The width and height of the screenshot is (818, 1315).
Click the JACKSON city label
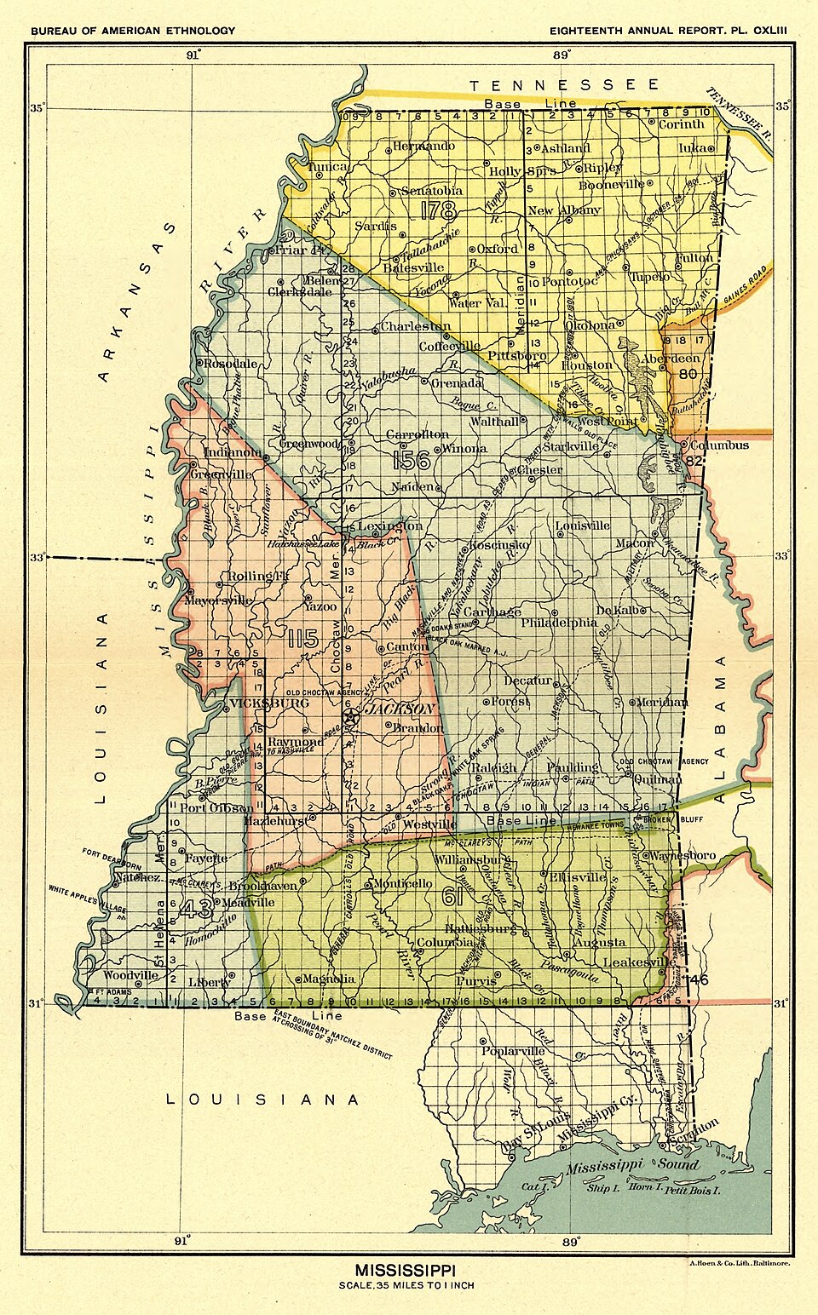(x=400, y=709)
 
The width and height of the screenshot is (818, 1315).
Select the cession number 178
(x=437, y=210)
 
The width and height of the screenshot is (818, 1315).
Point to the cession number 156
(x=412, y=461)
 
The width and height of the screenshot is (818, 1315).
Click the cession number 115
(x=302, y=639)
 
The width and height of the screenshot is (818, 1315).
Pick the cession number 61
(x=452, y=896)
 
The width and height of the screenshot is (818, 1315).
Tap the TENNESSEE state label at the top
(x=564, y=84)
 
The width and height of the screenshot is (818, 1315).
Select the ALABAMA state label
(x=720, y=728)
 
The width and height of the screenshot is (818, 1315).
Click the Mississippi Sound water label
(x=631, y=1164)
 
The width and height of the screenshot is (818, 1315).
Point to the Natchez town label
(x=138, y=876)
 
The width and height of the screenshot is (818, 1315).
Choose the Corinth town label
(x=681, y=124)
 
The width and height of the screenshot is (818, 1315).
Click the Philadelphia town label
(x=559, y=623)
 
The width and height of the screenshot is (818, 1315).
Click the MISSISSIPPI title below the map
(x=405, y=1270)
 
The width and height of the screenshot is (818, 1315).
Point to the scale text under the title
(x=406, y=1285)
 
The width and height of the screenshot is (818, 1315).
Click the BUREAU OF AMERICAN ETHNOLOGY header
(x=133, y=31)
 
